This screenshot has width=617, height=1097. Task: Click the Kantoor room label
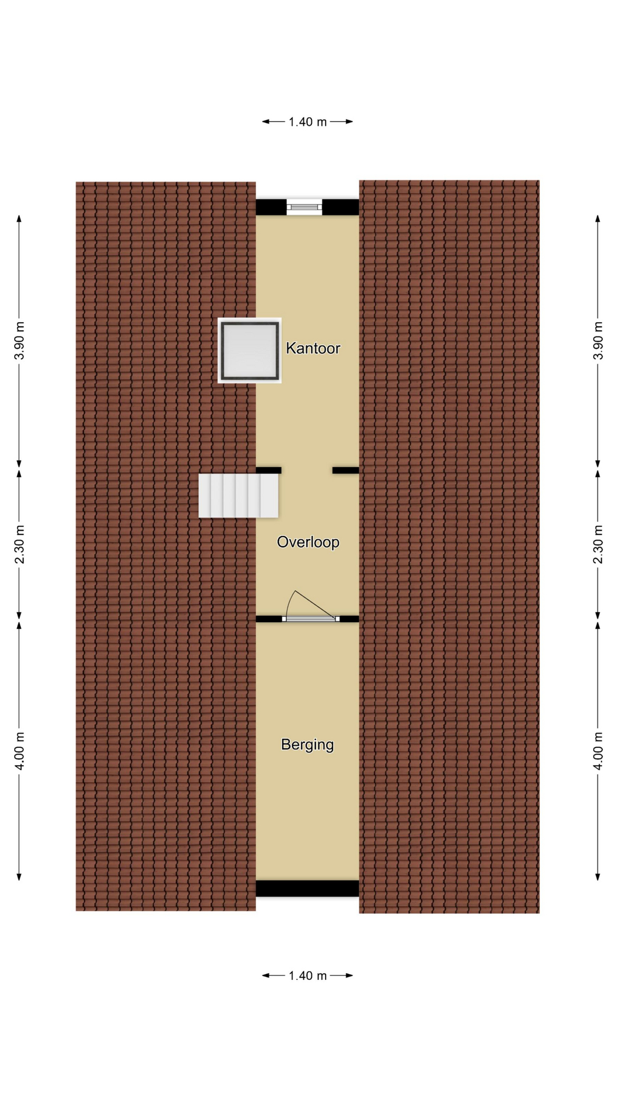click(312, 348)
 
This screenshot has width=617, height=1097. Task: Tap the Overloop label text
click(308, 542)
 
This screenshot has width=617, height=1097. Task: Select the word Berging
click(307, 744)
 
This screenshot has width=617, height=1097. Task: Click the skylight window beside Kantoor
click(250, 350)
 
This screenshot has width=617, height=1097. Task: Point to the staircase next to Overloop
click(238, 496)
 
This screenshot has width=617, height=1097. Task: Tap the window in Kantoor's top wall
click(304, 207)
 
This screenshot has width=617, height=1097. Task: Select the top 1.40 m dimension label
click(307, 122)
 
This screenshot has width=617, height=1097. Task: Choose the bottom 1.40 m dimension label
click(307, 975)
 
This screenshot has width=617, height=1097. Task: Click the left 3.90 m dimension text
click(19, 341)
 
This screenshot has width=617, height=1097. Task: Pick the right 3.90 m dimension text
click(598, 341)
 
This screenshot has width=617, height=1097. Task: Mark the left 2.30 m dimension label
click(19, 544)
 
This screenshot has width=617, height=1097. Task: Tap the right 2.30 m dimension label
click(598, 544)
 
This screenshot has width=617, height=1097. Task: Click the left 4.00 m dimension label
click(19, 751)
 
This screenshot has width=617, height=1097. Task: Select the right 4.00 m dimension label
click(598, 751)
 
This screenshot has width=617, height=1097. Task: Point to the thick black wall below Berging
click(307, 888)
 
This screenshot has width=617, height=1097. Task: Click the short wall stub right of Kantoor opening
click(346, 470)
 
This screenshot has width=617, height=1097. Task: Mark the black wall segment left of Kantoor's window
click(271, 207)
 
